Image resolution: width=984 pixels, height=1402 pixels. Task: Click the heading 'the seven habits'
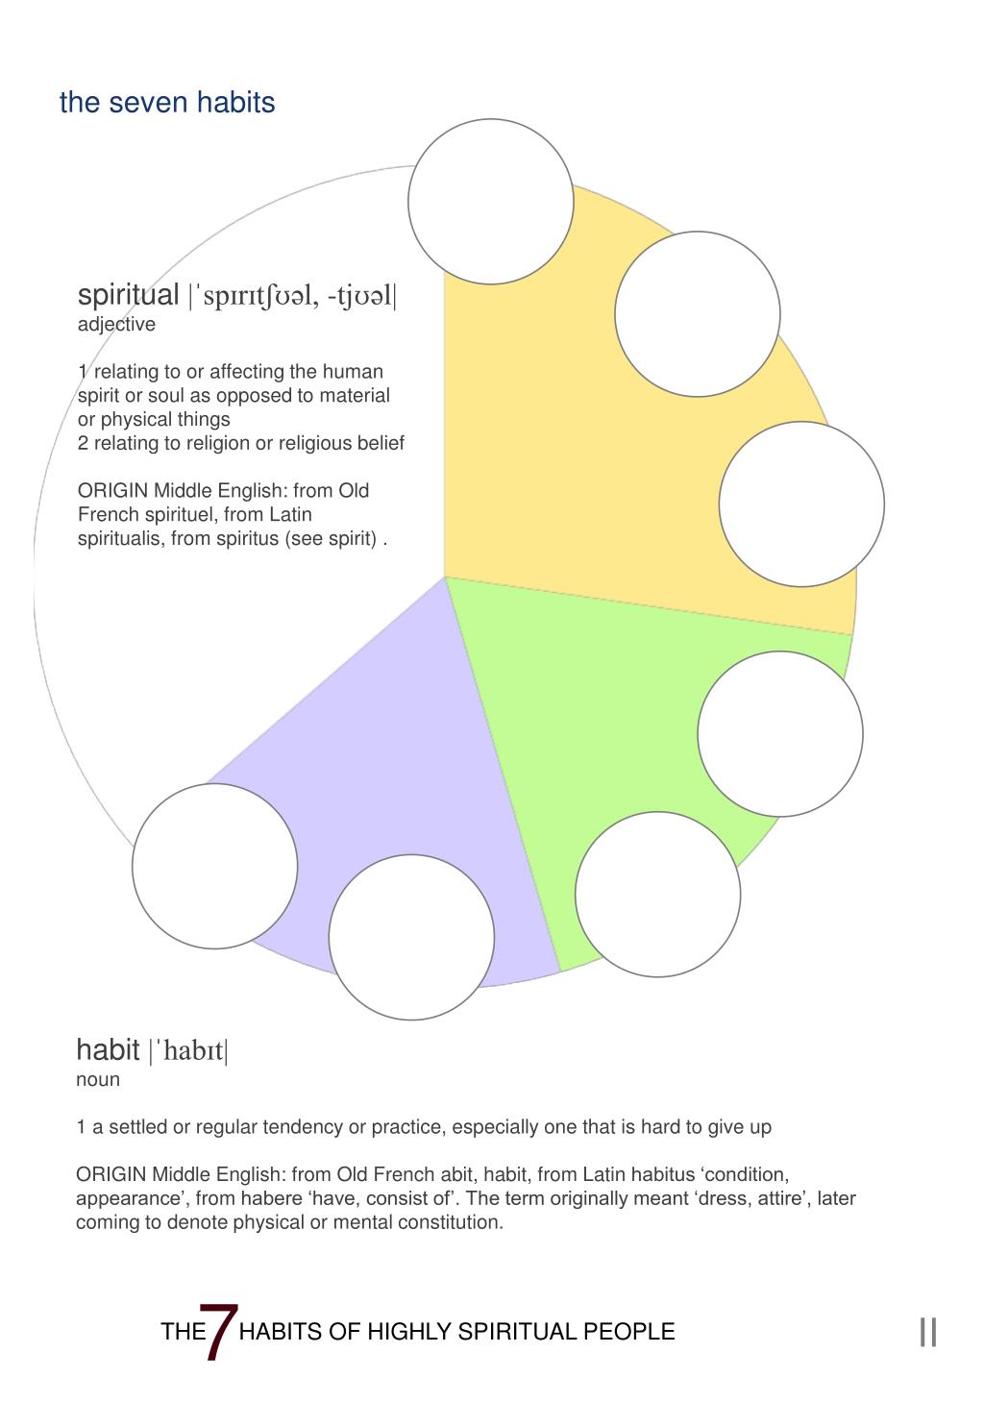tap(167, 103)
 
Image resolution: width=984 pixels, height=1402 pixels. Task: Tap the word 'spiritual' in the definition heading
tap(128, 295)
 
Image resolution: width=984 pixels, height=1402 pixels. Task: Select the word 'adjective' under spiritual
tap(116, 325)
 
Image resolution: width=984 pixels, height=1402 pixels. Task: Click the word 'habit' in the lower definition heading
tap(108, 1048)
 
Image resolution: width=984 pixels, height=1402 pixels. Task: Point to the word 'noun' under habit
tap(98, 1079)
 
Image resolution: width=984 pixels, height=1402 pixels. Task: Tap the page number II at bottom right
tap(927, 1332)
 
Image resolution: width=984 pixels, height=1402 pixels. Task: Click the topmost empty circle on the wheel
tap(490, 202)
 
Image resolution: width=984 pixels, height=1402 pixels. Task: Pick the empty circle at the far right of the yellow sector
tap(801, 504)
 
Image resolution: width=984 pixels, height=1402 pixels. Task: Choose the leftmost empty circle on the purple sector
tap(214, 866)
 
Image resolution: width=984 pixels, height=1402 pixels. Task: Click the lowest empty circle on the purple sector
tap(411, 937)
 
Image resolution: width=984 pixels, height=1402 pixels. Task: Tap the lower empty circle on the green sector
tap(657, 895)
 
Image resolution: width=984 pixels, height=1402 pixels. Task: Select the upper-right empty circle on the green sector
tap(779, 734)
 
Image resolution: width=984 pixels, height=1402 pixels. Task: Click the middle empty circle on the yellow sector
tap(697, 314)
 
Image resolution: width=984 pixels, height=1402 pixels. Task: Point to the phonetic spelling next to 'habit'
tap(188, 1050)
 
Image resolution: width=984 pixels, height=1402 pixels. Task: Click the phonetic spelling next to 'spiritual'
tap(292, 296)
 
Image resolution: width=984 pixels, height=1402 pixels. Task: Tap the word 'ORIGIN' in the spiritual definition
tap(112, 491)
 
